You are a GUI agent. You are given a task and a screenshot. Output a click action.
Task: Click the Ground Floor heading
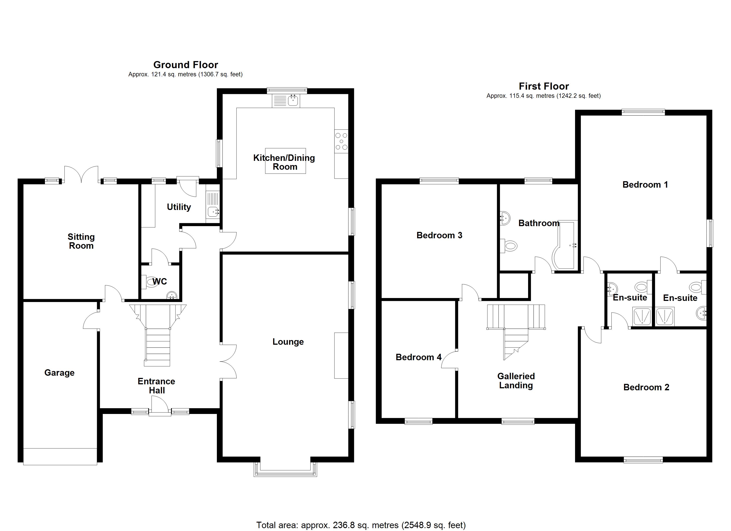coord(186,65)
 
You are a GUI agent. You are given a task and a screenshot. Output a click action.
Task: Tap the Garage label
coord(59,373)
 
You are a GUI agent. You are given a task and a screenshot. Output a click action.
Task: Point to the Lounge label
coord(288,342)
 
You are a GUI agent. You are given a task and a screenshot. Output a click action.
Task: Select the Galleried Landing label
coord(516,381)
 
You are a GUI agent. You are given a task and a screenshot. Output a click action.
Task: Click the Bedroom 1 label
coord(645,185)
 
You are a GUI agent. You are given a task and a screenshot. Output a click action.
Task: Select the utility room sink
coord(213,212)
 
